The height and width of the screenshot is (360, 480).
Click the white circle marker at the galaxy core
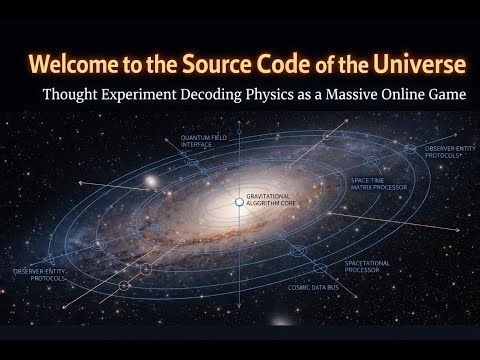[x=239, y=202]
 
